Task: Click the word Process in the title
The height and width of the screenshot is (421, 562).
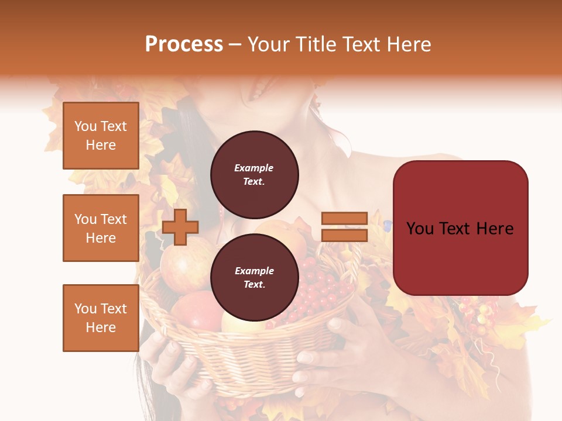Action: click(x=184, y=44)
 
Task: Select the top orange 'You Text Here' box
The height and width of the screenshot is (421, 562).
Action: click(x=101, y=136)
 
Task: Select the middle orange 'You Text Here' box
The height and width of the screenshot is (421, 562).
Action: click(x=101, y=228)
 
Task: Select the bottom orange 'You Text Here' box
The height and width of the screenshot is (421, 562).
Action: click(x=101, y=318)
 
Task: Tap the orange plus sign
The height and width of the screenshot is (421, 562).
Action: click(x=180, y=227)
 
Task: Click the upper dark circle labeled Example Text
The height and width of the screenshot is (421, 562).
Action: click(x=254, y=175)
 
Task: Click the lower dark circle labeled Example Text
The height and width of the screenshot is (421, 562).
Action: click(x=254, y=277)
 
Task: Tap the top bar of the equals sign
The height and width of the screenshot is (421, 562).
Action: click(x=344, y=219)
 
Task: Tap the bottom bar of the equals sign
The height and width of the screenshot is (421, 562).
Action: click(x=344, y=236)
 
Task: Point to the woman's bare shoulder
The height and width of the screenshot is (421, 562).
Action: click(x=375, y=170)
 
